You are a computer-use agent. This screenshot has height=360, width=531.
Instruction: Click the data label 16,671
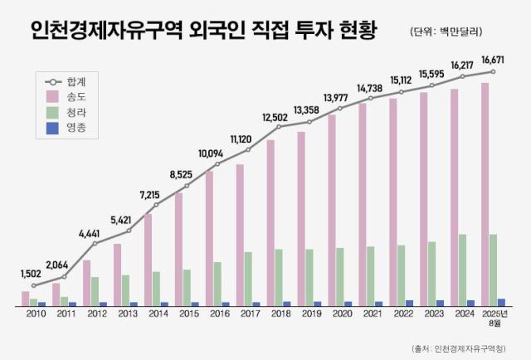(x=493, y=60)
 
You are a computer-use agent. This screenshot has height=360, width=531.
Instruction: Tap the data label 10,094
(x=217, y=153)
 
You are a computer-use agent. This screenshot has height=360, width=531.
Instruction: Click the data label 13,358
(x=309, y=110)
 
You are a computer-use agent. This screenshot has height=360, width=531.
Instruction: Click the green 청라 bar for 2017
(x=249, y=279)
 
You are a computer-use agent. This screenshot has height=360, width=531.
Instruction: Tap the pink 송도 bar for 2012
(x=86, y=283)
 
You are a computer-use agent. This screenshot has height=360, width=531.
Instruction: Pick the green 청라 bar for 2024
(x=463, y=270)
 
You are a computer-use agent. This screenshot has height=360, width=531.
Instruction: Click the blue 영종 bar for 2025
(x=502, y=302)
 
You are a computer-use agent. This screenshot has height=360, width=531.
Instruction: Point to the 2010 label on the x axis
(x=35, y=315)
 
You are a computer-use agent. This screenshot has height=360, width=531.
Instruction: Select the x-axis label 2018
(x=280, y=315)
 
